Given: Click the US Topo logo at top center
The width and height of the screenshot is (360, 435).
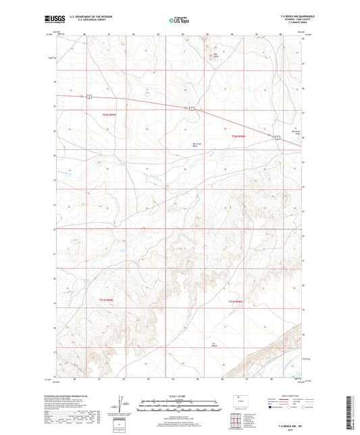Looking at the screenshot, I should (x=179, y=21).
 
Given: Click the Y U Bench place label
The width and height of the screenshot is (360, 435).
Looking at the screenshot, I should (x=213, y=345).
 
